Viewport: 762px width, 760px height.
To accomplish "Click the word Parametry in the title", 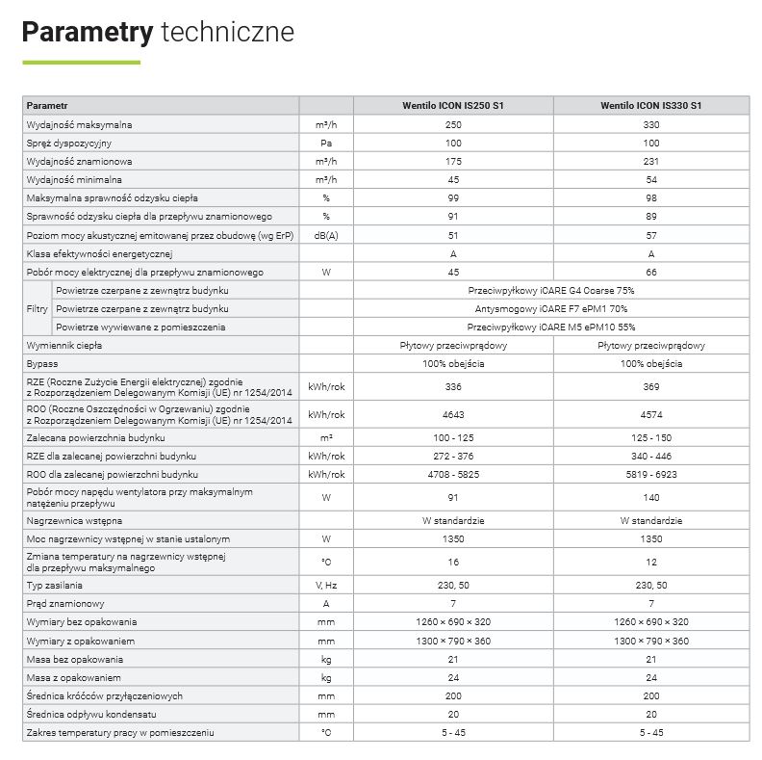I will tap(87, 32).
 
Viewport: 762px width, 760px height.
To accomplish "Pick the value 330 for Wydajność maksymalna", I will tap(650, 125).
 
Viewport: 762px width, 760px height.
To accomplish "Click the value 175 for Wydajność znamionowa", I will tap(453, 162).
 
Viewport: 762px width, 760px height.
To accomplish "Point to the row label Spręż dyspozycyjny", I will tap(64, 144).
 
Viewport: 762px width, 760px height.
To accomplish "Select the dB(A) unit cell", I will tap(326, 235).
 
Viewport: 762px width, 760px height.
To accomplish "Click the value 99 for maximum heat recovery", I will tap(453, 198).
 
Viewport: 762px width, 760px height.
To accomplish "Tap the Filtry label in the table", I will tap(37, 309).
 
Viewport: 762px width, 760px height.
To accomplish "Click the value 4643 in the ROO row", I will tap(453, 415).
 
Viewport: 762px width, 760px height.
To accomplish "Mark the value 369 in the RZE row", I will tap(650, 386).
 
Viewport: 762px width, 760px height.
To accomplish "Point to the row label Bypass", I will tap(42, 364).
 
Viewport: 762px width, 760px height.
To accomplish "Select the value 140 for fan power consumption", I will tap(650, 498).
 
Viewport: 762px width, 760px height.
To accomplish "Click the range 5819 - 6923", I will tap(650, 475).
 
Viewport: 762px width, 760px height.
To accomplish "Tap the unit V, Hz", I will tap(326, 585).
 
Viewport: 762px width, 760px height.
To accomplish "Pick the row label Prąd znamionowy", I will tap(66, 603).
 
